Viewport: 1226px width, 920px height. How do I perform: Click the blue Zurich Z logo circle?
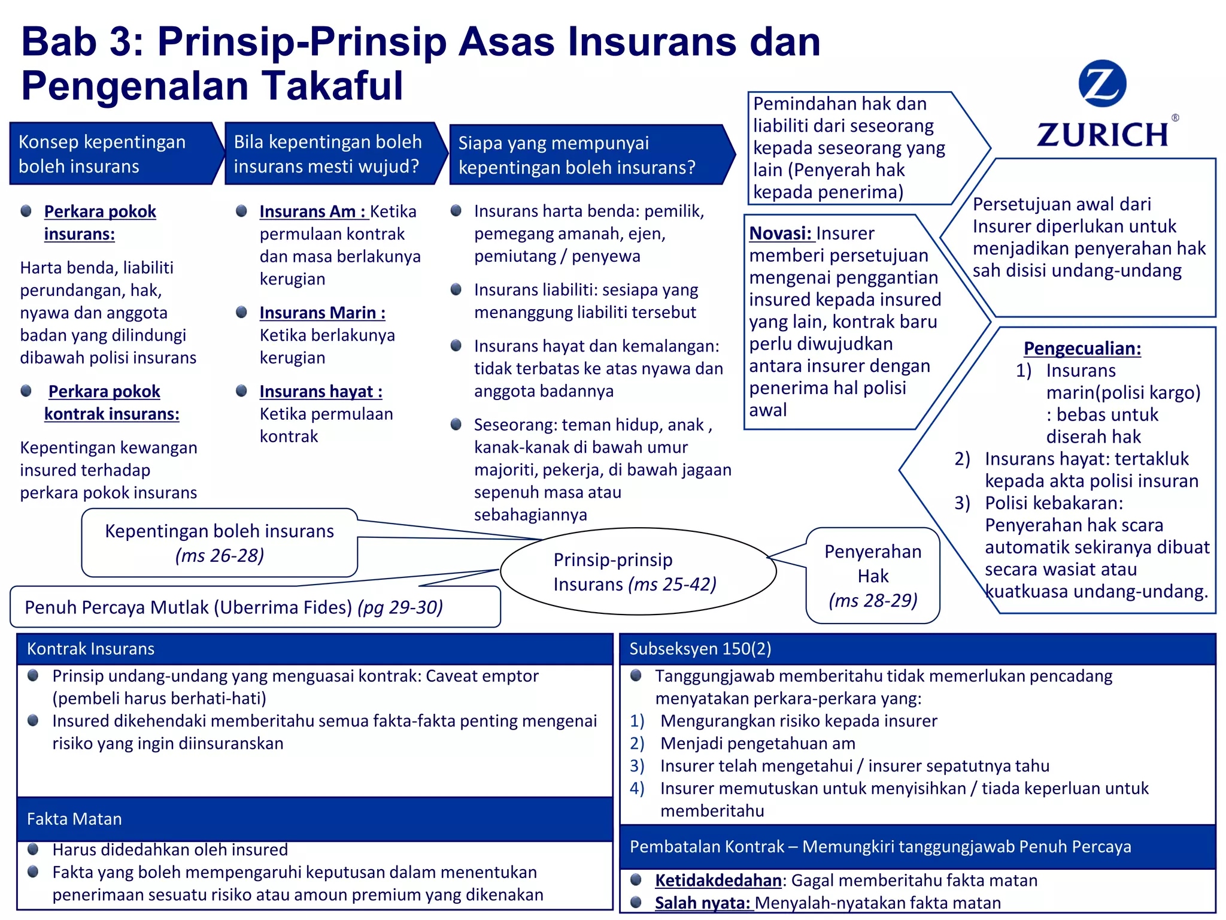pos(1102,84)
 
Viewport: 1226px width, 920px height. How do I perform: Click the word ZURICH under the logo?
pos(1103,135)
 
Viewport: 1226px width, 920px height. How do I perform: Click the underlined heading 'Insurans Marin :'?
pos(322,313)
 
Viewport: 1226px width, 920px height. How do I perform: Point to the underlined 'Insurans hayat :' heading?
pos(321,392)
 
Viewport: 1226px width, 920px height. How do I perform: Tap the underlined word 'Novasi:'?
pos(780,234)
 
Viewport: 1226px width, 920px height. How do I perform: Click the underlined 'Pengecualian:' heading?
pos(1082,349)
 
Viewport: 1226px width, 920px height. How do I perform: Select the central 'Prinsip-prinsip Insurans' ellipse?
pos(638,571)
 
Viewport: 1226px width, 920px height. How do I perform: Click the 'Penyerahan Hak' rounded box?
pos(873,576)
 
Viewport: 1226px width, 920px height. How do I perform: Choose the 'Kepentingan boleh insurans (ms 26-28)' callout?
pos(219,543)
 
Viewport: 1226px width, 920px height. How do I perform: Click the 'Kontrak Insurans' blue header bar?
pos(314,649)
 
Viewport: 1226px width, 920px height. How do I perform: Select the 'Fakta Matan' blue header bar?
pos(314,819)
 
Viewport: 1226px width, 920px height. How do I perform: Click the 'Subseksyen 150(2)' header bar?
pos(917,649)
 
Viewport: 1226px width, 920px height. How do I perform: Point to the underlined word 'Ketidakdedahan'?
pos(718,880)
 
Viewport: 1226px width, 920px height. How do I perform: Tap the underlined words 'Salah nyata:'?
pos(703,903)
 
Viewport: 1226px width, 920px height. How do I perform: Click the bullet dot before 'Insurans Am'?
pos(242,211)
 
